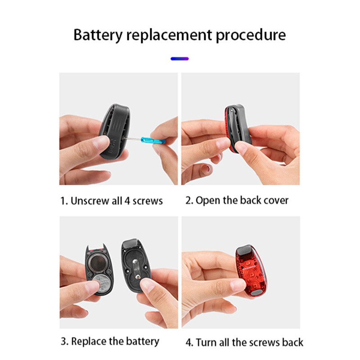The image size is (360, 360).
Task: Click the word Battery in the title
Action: tap(98, 36)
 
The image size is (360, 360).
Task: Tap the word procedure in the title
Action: tap(251, 36)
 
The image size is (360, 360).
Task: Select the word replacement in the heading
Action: tap(169, 36)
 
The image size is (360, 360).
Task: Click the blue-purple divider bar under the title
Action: tap(180, 59)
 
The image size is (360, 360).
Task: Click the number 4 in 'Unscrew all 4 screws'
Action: tap(127, 201)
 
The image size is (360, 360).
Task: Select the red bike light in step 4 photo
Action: tap(251, 271)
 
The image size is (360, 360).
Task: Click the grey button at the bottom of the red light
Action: tap(256, 292)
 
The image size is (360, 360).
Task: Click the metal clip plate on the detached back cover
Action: tap(136, 269)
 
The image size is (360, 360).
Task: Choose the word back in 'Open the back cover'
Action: tap(249, 200)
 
